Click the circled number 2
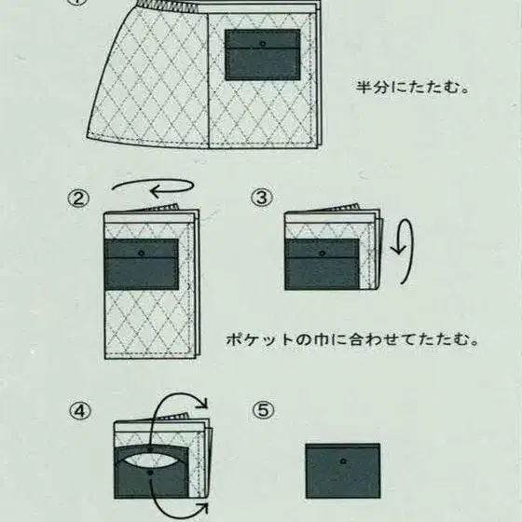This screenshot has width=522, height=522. pyautogui.click(x=77, y=198)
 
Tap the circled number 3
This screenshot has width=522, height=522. pyautogui.click(x=262, y=198)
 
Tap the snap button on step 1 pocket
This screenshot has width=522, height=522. pyautogui.click(x=263, y=44)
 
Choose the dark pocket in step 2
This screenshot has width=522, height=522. pyautogui.click(x=141, y=265)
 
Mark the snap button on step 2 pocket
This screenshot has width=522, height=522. pyautogui.click(x=141, y=252)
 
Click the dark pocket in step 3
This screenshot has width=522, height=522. pyautogui.click(x=323, y=264)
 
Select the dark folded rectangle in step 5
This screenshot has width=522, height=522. pyautogui.click(x=342, y=471)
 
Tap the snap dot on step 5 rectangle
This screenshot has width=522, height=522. pyautogui.click(x=343, y=459)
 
